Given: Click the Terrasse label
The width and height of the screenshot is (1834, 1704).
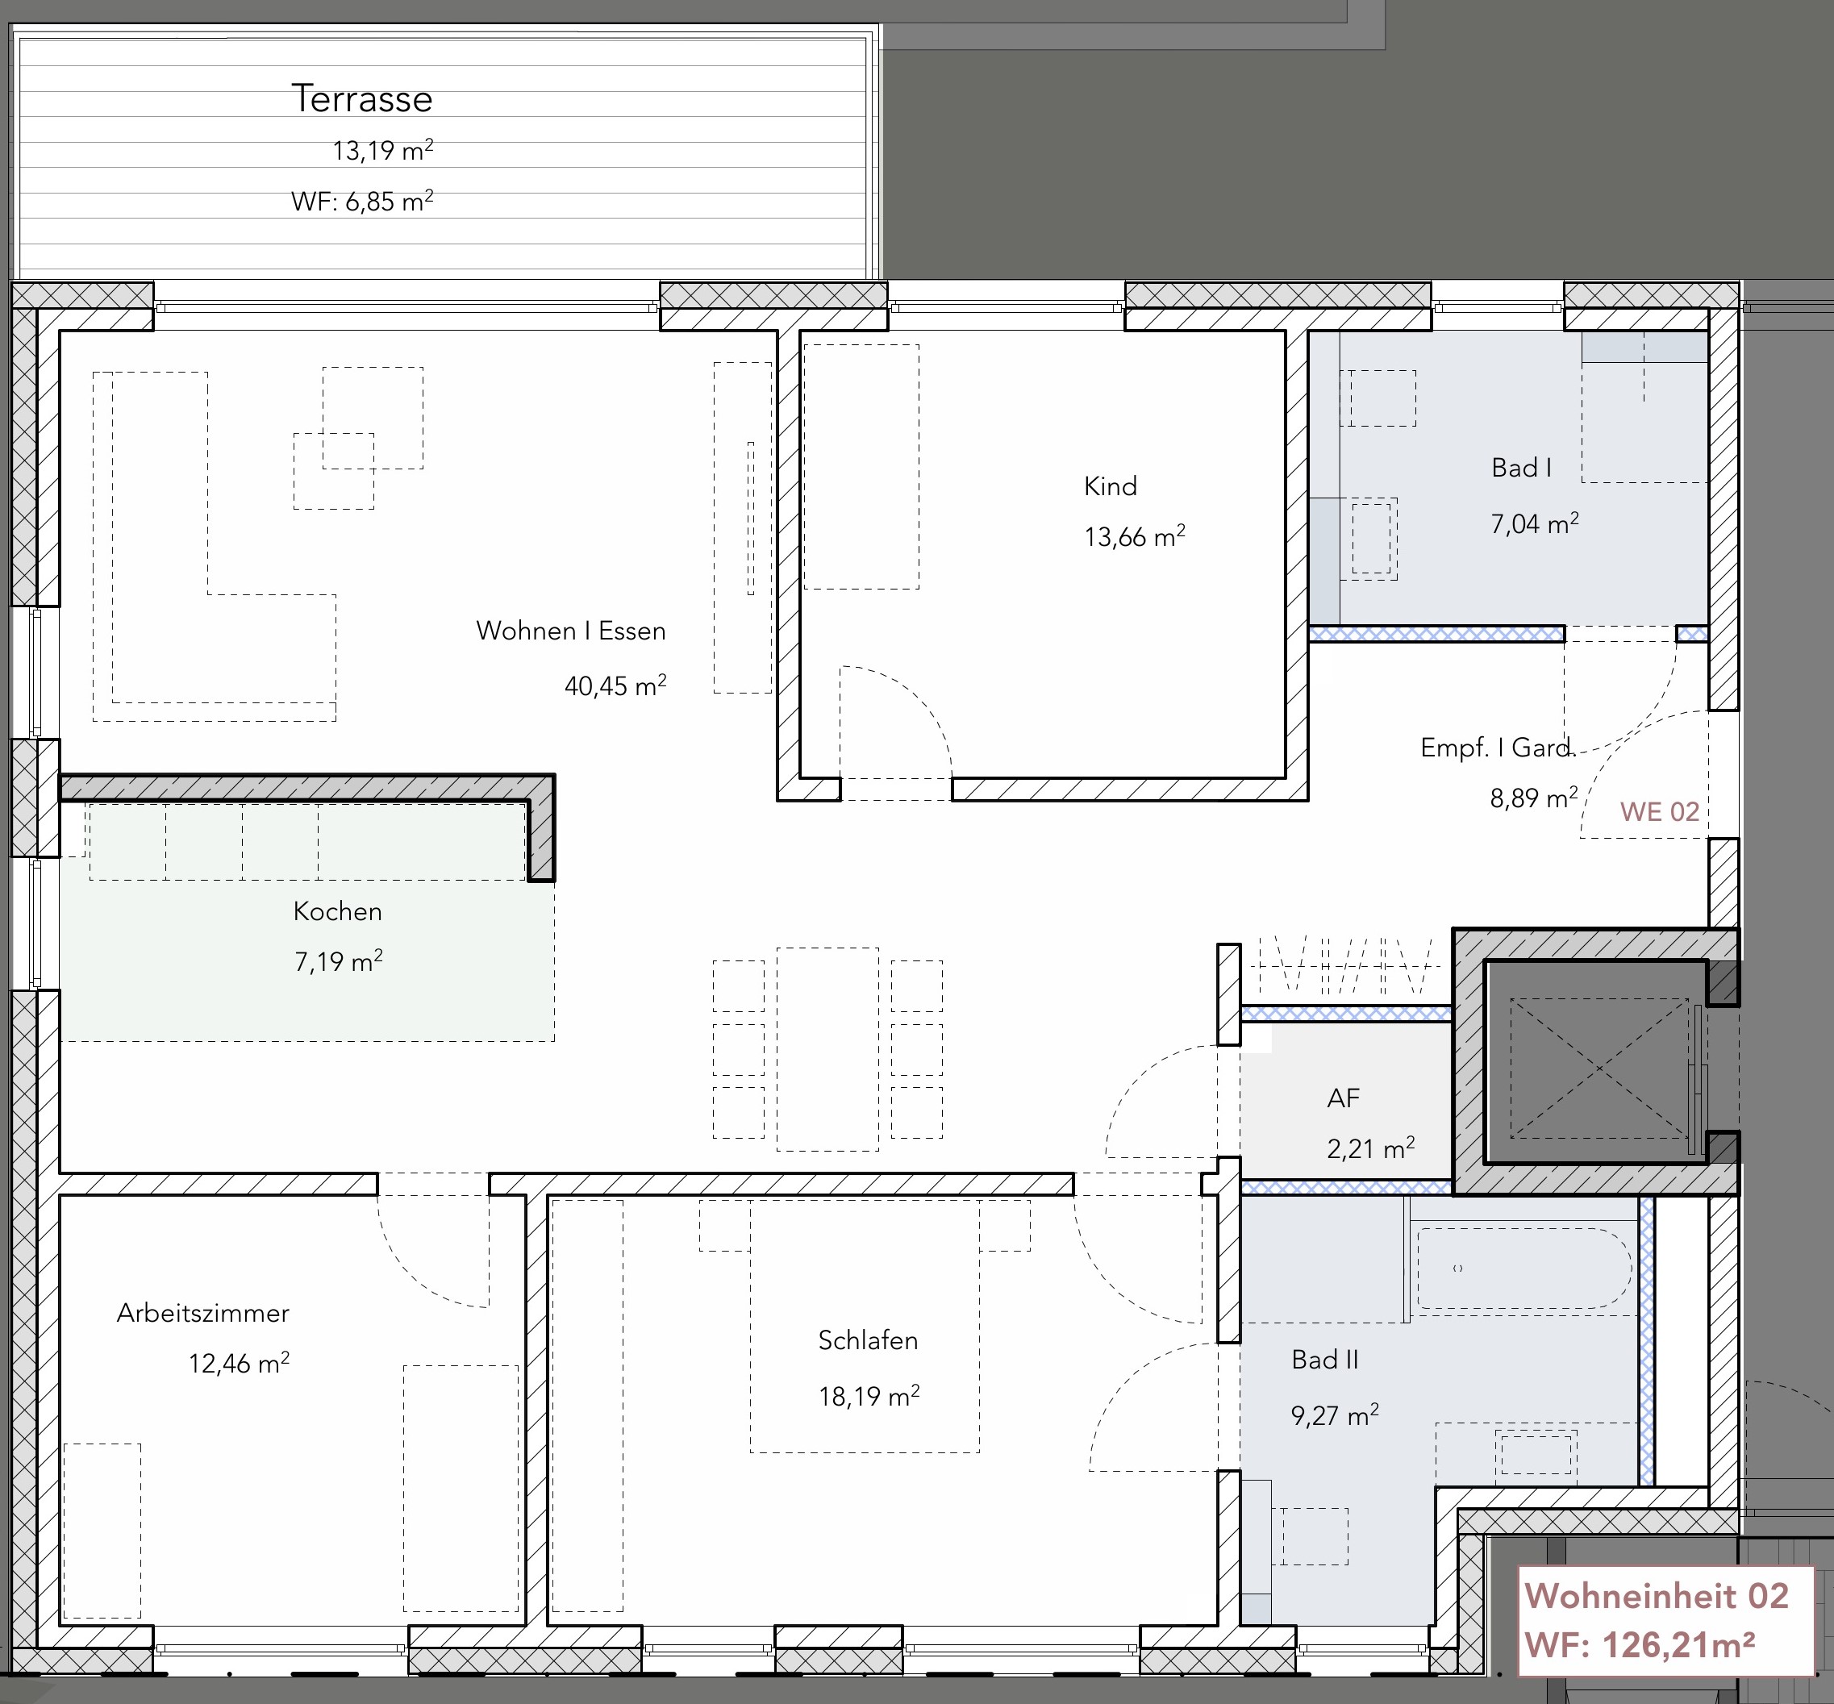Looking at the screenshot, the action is click(361, 98).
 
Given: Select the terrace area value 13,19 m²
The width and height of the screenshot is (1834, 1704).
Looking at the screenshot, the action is click(382, 149).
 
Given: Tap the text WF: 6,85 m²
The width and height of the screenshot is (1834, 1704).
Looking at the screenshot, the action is click(362, 200).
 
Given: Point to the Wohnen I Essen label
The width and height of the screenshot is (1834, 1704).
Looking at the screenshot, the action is click(571, 631).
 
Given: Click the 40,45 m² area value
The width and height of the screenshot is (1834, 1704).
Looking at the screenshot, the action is click(615, 685).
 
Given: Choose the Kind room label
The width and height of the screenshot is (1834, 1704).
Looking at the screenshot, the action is click(1111, 486).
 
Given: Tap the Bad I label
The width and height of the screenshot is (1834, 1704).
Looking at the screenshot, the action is click(1521, 468).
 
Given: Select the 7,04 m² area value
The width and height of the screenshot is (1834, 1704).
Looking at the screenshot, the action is click(1534, 523).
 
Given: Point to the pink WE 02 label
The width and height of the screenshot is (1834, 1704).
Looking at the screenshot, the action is click(1660, 811).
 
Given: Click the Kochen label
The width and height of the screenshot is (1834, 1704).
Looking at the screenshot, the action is click(337, 911).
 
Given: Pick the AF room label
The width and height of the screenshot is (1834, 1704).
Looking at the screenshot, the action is click(1344, 1098).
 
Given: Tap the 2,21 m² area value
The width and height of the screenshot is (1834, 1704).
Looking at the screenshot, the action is click(1371, 1148).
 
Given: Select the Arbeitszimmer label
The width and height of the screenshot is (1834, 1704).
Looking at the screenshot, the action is click(203, 1313).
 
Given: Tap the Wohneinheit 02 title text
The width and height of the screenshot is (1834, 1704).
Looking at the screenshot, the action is click(1657, 1596).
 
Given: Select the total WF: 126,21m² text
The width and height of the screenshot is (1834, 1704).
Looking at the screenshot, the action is click(1640, 1644).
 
